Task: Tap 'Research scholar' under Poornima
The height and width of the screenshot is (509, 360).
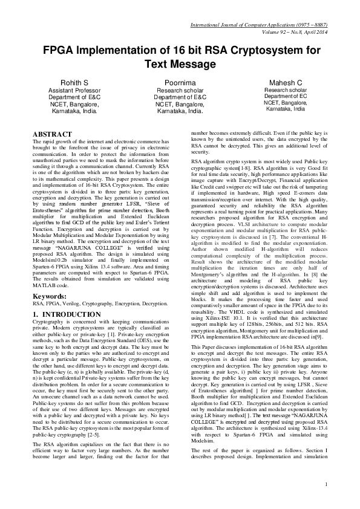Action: click(180, 89)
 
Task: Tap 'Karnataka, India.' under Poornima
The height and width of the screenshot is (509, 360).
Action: click(180, 111)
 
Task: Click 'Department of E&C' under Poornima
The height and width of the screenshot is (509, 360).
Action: click(180, 97)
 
